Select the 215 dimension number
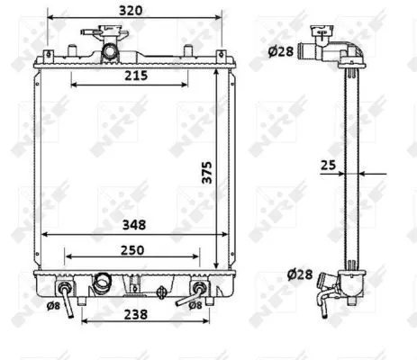136,76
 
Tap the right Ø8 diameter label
194,304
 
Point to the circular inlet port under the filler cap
112,53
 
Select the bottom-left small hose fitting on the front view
66,292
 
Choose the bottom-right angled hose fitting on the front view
200,289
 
